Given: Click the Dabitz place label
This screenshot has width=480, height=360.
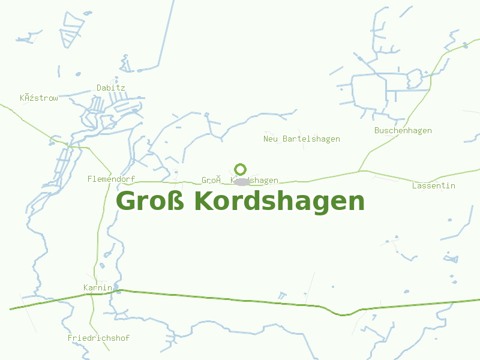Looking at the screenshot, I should point(111,88).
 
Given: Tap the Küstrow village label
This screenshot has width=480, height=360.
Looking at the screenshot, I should point(39,98).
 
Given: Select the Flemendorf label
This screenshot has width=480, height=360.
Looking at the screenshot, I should point(111,179).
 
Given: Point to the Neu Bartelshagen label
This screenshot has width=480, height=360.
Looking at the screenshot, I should point(302,139).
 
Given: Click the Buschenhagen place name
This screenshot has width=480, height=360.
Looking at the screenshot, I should point(403,131).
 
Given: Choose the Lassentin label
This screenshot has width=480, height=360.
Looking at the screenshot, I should point(433,186).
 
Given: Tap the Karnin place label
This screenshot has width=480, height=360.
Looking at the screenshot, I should point(98,288).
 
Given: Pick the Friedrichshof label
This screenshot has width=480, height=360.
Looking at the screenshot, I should point(98,338).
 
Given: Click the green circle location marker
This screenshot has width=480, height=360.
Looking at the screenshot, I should point(241,169).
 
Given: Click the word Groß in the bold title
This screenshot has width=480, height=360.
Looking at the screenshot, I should point(150,201).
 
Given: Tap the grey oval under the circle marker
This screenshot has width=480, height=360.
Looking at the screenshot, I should point(241,181).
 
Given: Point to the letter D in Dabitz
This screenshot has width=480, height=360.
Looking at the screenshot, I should point(99,88).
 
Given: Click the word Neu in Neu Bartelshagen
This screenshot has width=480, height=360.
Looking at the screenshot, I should point(270,139).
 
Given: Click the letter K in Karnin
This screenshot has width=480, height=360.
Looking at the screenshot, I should point(86,288).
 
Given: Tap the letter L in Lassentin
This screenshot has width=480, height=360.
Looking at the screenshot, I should point(415,186).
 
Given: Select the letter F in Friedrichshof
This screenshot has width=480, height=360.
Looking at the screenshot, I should point(70,338).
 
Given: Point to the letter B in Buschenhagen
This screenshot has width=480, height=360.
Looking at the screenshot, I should point(377,131).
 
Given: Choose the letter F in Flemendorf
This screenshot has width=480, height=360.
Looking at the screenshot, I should point(89,179).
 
